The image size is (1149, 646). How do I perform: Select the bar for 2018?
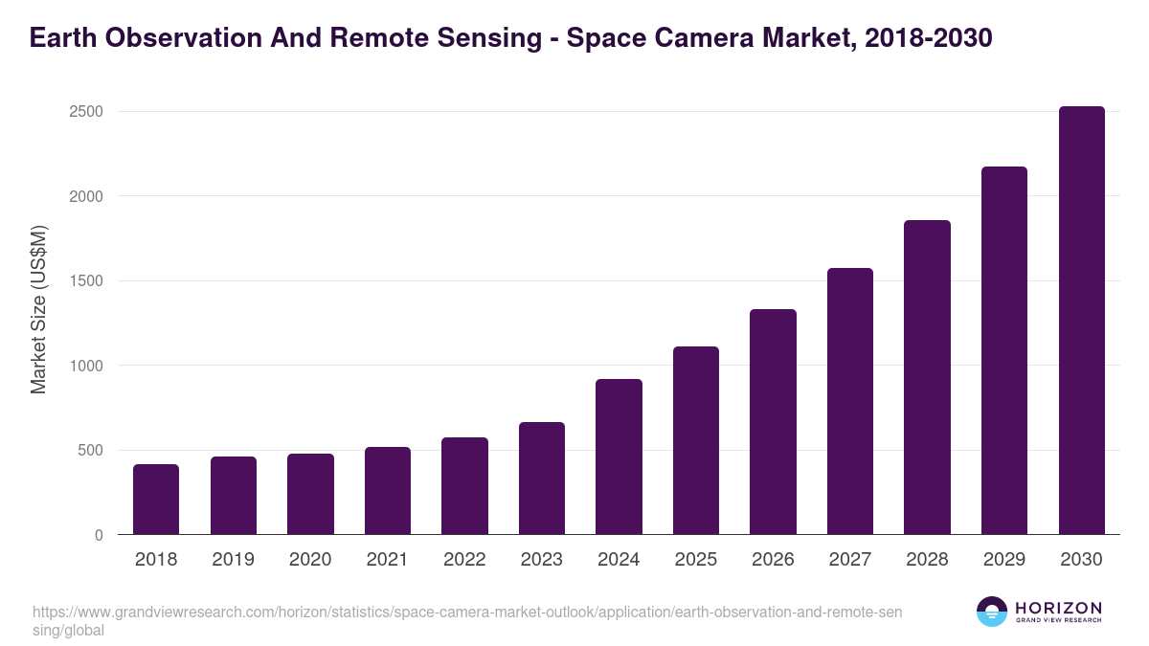pyautogui.click(x=156, y=500)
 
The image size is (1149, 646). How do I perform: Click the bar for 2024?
pyautogui.click(x=619, y=457)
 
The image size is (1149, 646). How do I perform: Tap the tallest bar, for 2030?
pyautogui.click(x=1081, y=321)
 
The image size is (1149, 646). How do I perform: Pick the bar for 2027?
pyautogui.click(x=850, y=401)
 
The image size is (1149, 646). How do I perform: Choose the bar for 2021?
pyautogui.click(x=388, y=491)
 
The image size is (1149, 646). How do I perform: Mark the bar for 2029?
pyautogui.click(x=1004, y=350)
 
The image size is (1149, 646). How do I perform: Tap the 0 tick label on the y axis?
pyautogui.click(x=99, y=535)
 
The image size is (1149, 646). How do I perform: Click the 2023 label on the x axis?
pyautogui.click(x=542, y=560)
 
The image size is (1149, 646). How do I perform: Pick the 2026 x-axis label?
pyautogui.click(x=773, y=560)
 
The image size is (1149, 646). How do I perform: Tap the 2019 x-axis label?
pyautogui.click(x=233, y=560)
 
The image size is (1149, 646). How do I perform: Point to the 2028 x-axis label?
pyautogui.click(x=927, y=560)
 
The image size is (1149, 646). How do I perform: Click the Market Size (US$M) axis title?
pyautogui.click(x=38, y=309)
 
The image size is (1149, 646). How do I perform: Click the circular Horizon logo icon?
pyautogui.click(x=992, y=612)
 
